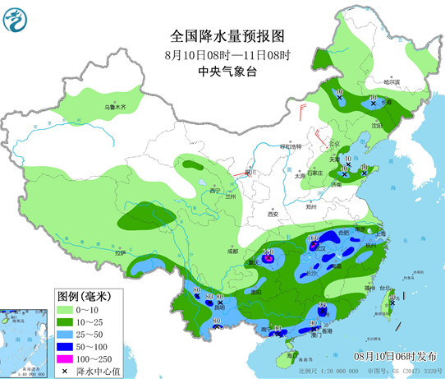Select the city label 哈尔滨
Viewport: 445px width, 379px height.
pos(392,81)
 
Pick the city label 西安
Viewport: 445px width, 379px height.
pos(273,214)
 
